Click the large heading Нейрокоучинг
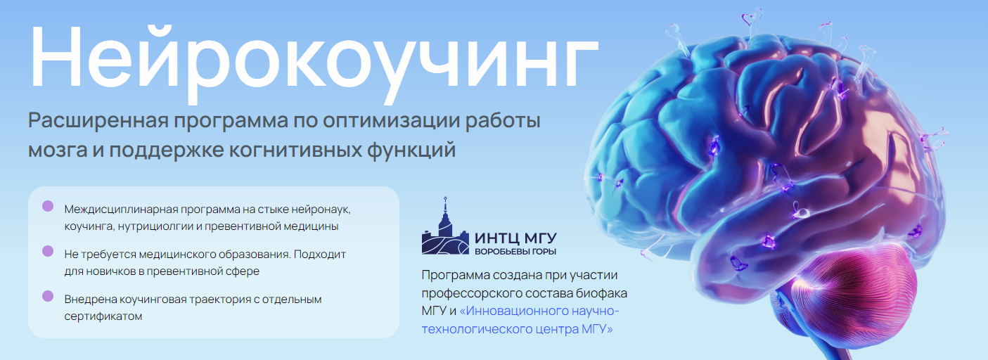[312, 56]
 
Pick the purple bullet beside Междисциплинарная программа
[48, 206]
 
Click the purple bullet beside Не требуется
[48, 250]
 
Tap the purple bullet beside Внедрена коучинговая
[48, 296]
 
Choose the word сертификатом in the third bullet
[103, 316]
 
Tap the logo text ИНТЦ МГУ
[520, 238]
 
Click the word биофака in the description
[604, 292]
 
